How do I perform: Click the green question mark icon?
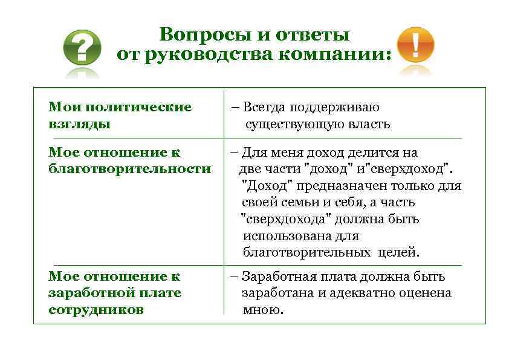(83, 48)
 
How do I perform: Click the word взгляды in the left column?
(79, 124)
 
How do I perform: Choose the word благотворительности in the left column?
(129, 169)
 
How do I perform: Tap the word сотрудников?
(96, 310)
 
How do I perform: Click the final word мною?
(262, 310)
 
